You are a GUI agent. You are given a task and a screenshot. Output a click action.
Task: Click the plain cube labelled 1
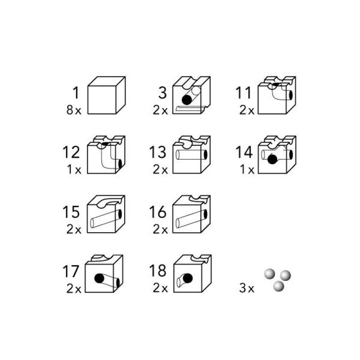click(x=107, y=95)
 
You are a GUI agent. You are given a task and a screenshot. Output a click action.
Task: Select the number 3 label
click(x=162, y=93)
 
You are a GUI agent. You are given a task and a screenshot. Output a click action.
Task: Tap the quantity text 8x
click(x=74, y=110)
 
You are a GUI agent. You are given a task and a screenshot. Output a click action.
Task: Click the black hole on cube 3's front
click(x=187, y=100)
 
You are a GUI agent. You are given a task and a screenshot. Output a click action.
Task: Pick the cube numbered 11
click(x=277, y=95)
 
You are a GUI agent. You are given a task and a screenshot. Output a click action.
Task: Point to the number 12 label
click(x=71, y=152)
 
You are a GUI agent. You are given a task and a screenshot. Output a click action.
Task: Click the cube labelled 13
click(x=192, y=154)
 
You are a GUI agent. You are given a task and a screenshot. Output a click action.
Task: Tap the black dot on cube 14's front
click(x=273, y=159)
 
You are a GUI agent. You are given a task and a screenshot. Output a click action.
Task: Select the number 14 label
click(x=244, y=152)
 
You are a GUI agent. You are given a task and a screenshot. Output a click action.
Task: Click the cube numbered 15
click(x=106, y=214)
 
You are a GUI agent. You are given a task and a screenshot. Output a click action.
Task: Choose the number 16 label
click(x=158, y=211)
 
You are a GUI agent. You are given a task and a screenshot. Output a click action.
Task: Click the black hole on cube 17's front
click(x=99, y=279)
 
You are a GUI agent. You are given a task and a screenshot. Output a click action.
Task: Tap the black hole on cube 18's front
click(x=188, y=278)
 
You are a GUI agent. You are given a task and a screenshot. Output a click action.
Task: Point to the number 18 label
click(x=158, y=271)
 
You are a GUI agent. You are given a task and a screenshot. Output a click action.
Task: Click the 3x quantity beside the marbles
click(x=247, y=288)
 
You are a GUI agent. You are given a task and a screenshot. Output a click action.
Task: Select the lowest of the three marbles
click(x=279, y=286)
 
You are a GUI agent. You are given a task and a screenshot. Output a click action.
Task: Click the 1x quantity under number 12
click(x=74, y=170)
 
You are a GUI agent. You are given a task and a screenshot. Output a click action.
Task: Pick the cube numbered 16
click(x=192, y=214)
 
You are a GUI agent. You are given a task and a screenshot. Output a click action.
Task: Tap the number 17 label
click(x=71, y=271)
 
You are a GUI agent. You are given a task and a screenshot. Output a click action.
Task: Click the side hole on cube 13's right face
click(x=206, y=154)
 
